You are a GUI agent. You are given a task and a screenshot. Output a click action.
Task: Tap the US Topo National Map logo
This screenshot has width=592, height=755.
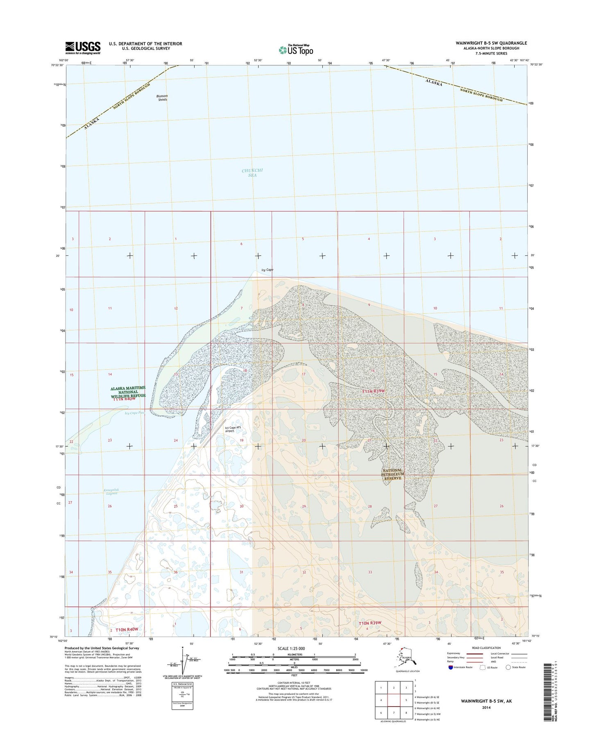pyautogui.click(x=296, y=50)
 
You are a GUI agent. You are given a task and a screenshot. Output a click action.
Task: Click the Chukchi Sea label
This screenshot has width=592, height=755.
pyautogui.click(x=252, y=173)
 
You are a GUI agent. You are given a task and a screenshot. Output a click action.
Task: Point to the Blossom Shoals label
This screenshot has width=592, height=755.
pyautogui.click(x=162, y=98)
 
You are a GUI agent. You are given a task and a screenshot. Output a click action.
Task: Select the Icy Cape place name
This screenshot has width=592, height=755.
pyautogui.click(x=267, y=270)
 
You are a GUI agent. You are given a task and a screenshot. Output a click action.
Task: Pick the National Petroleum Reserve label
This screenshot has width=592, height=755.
pyautogui.click(x=393, y=474)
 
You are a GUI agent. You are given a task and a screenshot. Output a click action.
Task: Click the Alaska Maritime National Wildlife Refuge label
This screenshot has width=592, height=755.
pyautogui.click(x=128, y=392)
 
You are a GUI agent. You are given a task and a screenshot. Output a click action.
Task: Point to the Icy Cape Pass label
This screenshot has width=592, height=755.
pyautogui.click(x=135, y=413)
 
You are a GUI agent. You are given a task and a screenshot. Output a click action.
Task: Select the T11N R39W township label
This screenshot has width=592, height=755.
pyautogui.click(x=373, y=391)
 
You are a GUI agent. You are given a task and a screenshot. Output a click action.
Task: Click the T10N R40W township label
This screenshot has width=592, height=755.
pyautogui.click(x=127, y=630)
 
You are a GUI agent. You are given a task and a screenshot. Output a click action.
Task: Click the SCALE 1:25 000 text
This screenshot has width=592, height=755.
pyautogui.click(x=291, y=649)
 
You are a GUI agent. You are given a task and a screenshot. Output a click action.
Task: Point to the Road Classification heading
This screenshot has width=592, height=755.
pyautogui.click(x=485, y=648)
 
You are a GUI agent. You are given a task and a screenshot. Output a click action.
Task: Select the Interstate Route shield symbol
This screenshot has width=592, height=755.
pyautogui.click(x=451, y=667)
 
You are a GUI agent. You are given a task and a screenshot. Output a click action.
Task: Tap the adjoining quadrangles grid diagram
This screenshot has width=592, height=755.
pyautogui.click(x=393, y=700)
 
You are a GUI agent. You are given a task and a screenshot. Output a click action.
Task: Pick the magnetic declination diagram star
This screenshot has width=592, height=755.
pyautogui.click(x=183, y=648)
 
